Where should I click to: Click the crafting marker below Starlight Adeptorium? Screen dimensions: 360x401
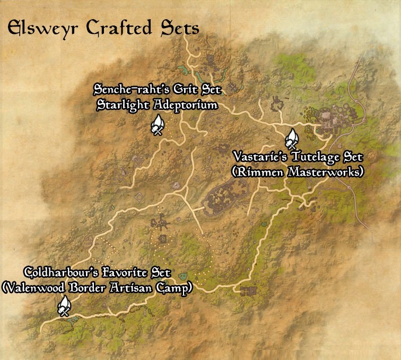pyautogui.click(x=157, y=126)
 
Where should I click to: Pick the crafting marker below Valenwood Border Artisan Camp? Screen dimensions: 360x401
pyautogui.click(x=64, y=306)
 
